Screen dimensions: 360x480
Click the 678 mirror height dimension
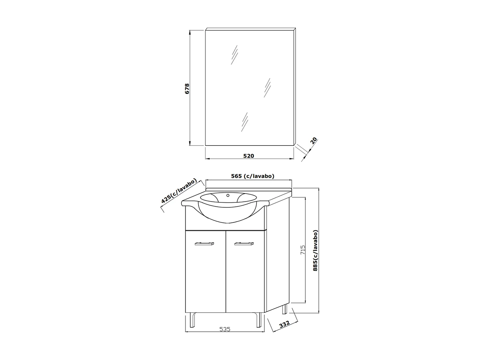[x=187, y=89]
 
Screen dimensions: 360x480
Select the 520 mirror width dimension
[x=248, y=156]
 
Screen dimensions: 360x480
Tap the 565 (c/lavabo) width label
[x=252, y=176]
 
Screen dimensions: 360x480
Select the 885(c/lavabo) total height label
[x=315, y=250]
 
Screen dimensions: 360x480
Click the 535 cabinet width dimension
[x=225, y=329]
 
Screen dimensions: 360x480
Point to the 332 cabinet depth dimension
[x=284, y=324]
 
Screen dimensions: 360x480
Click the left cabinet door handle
[x=204, y=244]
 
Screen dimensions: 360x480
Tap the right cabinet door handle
[x=244, y=244]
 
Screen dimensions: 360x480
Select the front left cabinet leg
[x=193, y=320]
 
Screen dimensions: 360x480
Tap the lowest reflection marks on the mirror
[x=244, y=122]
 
